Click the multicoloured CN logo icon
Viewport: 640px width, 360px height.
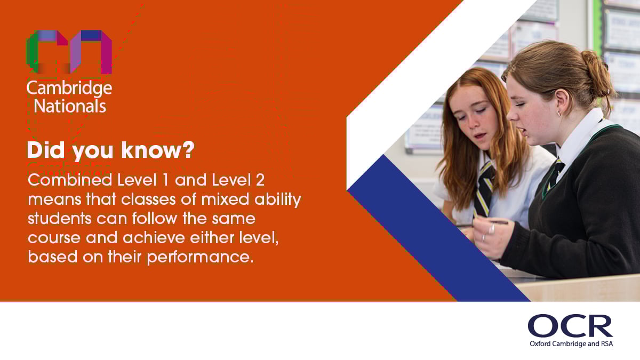[x=69, y=52]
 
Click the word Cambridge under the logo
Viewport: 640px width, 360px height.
[x=69, y=88]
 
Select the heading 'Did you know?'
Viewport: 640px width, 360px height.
[x=110, y=151]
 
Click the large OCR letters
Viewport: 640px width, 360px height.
[x=570, y=326]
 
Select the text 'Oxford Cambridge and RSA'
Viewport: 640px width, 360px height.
[x=571, y=344]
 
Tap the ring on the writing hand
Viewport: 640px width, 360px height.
[x=492, y=229]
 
